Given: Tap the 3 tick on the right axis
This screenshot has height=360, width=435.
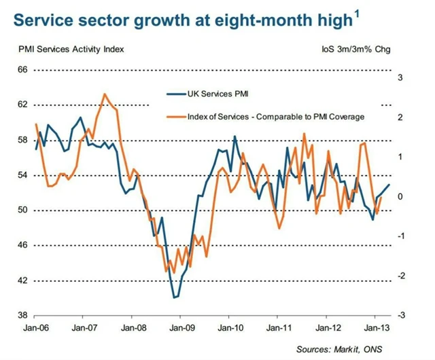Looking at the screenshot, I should [400, 77].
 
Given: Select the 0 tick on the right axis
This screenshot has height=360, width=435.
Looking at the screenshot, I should [400, 196].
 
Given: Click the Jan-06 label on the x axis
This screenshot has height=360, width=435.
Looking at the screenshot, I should [34, 327].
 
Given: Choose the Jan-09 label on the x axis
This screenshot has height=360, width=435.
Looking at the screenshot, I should [180, 327].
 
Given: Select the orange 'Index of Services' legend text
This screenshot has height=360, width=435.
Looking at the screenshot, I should [276, 116].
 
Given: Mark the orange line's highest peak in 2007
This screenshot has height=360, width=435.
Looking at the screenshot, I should [105, 94].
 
